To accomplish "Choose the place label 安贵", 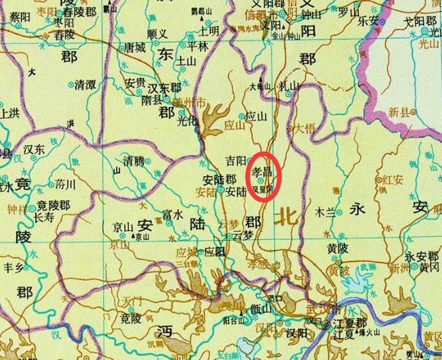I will (136, 84).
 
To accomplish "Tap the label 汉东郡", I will (165, 88).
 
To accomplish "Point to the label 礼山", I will (288, 86).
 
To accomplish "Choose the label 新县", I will (401, 114).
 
